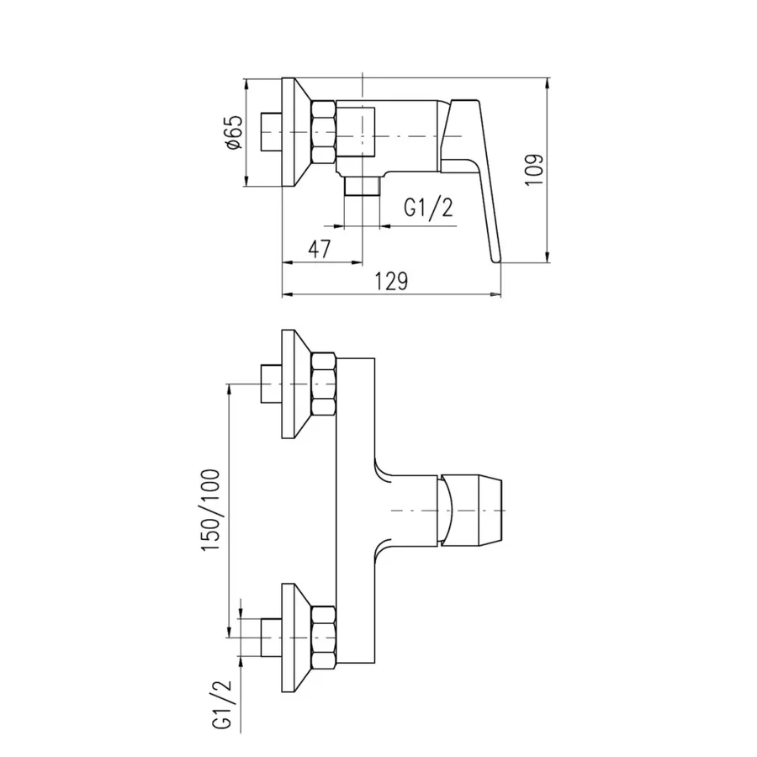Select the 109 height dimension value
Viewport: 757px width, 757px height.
point(534,169)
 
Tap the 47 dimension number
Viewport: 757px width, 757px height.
point(320,249)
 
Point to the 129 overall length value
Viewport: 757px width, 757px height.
point(391,281)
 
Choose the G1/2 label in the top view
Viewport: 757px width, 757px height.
point(428,208)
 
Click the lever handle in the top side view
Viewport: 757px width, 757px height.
point(472,178)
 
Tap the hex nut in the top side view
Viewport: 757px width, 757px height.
point(324,132)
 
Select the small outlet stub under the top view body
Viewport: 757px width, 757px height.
point(362,187)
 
